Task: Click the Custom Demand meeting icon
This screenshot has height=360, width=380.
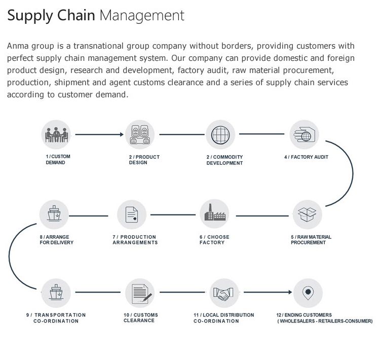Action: (x=55, y=134)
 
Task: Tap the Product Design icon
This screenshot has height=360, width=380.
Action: (x=139, y=134)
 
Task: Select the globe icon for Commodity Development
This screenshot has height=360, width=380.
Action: (x=220, y=134)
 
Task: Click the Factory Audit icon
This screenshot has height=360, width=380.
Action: (x=304, y=134)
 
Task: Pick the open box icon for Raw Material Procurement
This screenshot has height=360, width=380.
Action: (x=307, y=215)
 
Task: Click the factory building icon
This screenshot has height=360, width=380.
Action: (x=214, y=214)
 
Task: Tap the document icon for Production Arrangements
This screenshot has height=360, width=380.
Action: (x=132, y=214)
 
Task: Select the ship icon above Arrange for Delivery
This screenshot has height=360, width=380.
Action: (x=54, y=214)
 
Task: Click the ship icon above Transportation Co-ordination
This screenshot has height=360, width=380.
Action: (x=55, y=293)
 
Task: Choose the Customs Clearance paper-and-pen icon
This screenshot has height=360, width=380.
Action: (x=140, y=293)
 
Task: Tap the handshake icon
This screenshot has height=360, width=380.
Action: (x=223, y=293)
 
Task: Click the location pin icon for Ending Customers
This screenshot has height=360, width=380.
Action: (x=307, y=293)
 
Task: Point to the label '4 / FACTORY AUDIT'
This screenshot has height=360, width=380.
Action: (x=306, y=157)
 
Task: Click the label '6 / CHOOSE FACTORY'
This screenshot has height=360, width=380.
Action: (x=214, y=240)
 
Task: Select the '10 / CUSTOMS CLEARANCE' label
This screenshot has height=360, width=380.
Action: (x=140, y=318)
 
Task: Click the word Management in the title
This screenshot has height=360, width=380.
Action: (x=142, y=15)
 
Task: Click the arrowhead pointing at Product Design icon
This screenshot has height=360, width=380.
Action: (x=122, y=134)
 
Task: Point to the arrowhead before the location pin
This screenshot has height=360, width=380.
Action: (x=290, y=293)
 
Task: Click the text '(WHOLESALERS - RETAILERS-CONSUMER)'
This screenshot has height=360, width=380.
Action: (x=324, y=321)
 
